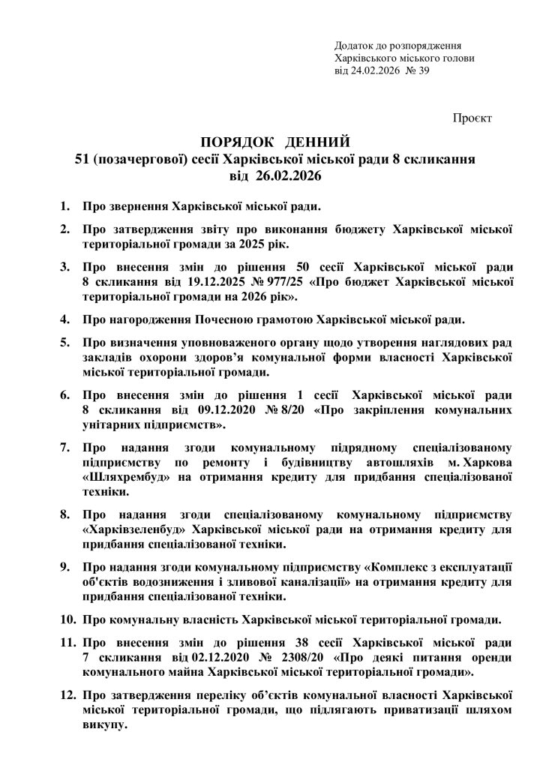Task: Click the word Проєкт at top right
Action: (x=472, y=118)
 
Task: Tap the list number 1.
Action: (x=64, y=205)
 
